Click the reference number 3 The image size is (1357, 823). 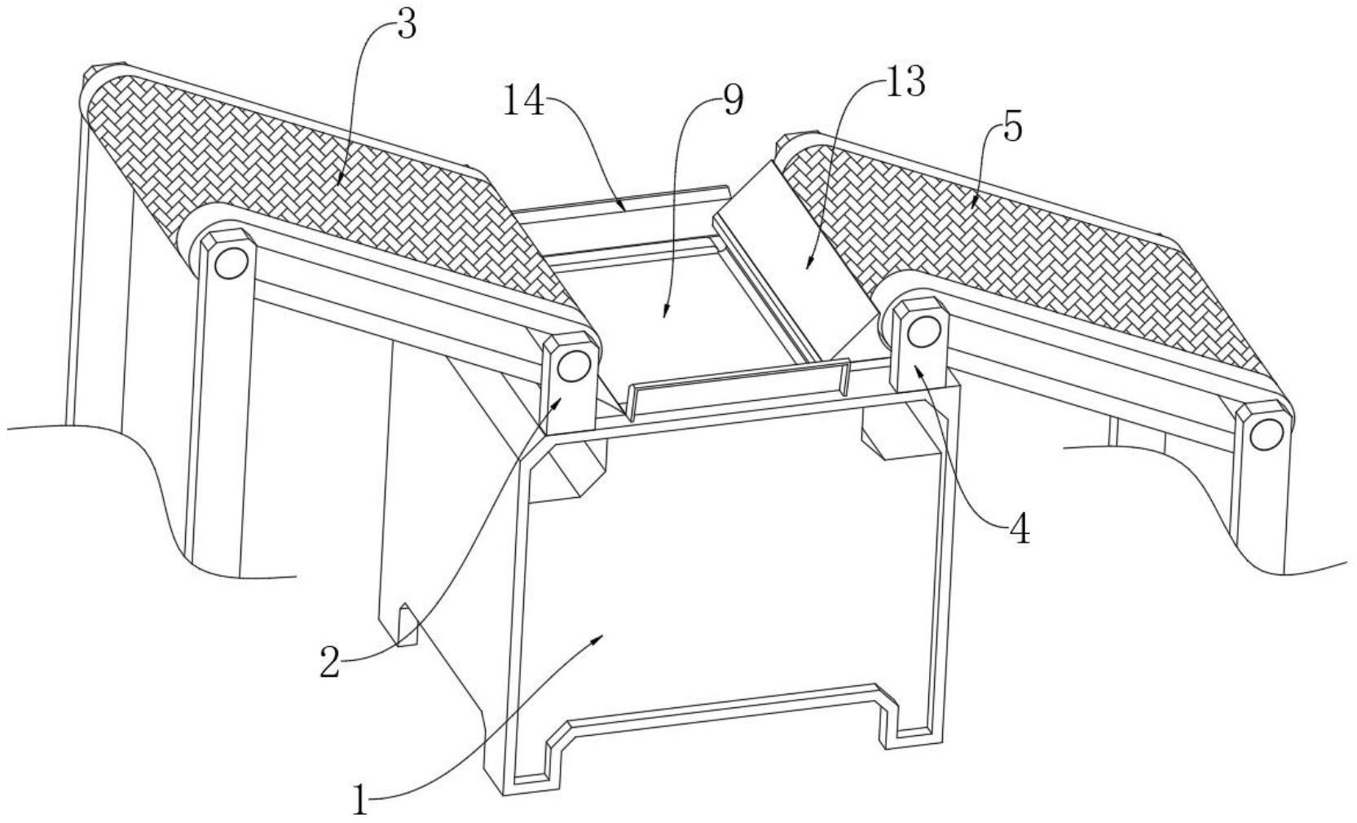click(405, 26)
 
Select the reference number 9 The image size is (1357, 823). click(732, 102)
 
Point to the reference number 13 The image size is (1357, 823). click(905, 82)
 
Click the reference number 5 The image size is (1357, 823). click(1011, 128)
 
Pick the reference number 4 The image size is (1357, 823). click(1019, 530)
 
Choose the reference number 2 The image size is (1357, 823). click(329, 662)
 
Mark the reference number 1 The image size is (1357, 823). click(360, 799)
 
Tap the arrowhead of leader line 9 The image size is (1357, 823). click(664, 315)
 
